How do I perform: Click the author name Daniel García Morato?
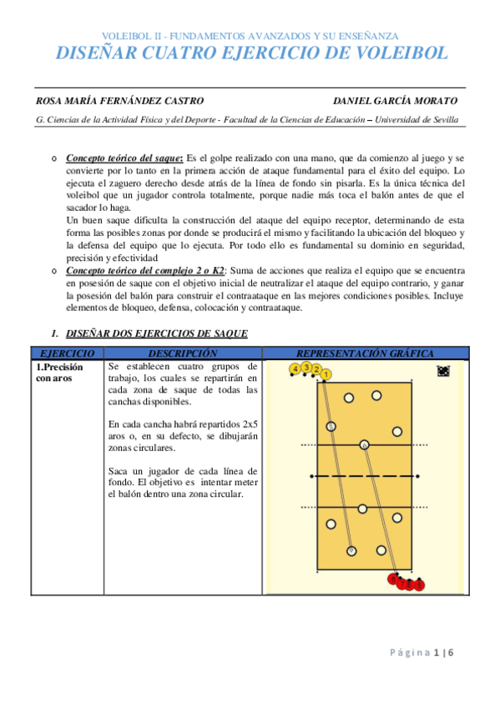tap(395, 101)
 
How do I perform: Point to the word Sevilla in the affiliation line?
tap(443, 119)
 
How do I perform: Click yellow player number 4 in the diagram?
tap(295, 368)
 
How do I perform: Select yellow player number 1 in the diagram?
tap(326, 374)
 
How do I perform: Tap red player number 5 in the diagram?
tap(420, 586)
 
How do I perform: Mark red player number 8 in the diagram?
tap(394, 579)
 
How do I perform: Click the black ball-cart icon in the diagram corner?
tap(443, 372)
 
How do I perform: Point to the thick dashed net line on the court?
tap(365, 476)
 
